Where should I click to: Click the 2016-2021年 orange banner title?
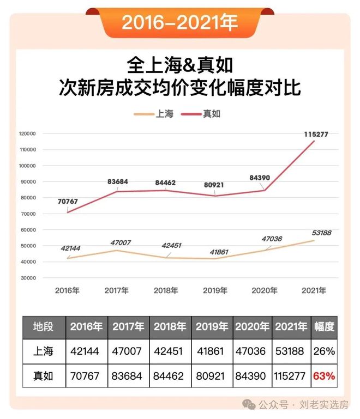pyautogui.click(x=179, y=22)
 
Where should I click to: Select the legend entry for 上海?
pyautogui.click(x=156, y=114)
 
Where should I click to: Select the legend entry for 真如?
pyautogui.click(x=203, y=114)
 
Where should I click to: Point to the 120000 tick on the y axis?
pyautogui.click(x=27, y=133)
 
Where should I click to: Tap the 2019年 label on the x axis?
pyautogui.click(x=215, y=290)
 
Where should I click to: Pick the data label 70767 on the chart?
pyautogui.click(x=68, y=202)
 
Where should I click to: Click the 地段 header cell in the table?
pyautogui.click(x=43, y=327)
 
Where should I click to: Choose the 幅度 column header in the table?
pyautogui.click(x=323, y=327)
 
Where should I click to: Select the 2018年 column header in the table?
pyautogui.click(x=170, y=327)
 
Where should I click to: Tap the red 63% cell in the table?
pyautogui.click(x=323, y=376)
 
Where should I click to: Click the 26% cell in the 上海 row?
pyautogui.click(x=323, y=351)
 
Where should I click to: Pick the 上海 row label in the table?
pyautogui.click(x=43, y=351)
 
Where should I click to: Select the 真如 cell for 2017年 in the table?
pyautogui.click(x=128, y=376)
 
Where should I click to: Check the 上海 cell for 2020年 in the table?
pyautogui.click(x=251, y=351)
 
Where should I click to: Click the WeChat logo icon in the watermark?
pyautogui.click(x=249, y=405)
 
